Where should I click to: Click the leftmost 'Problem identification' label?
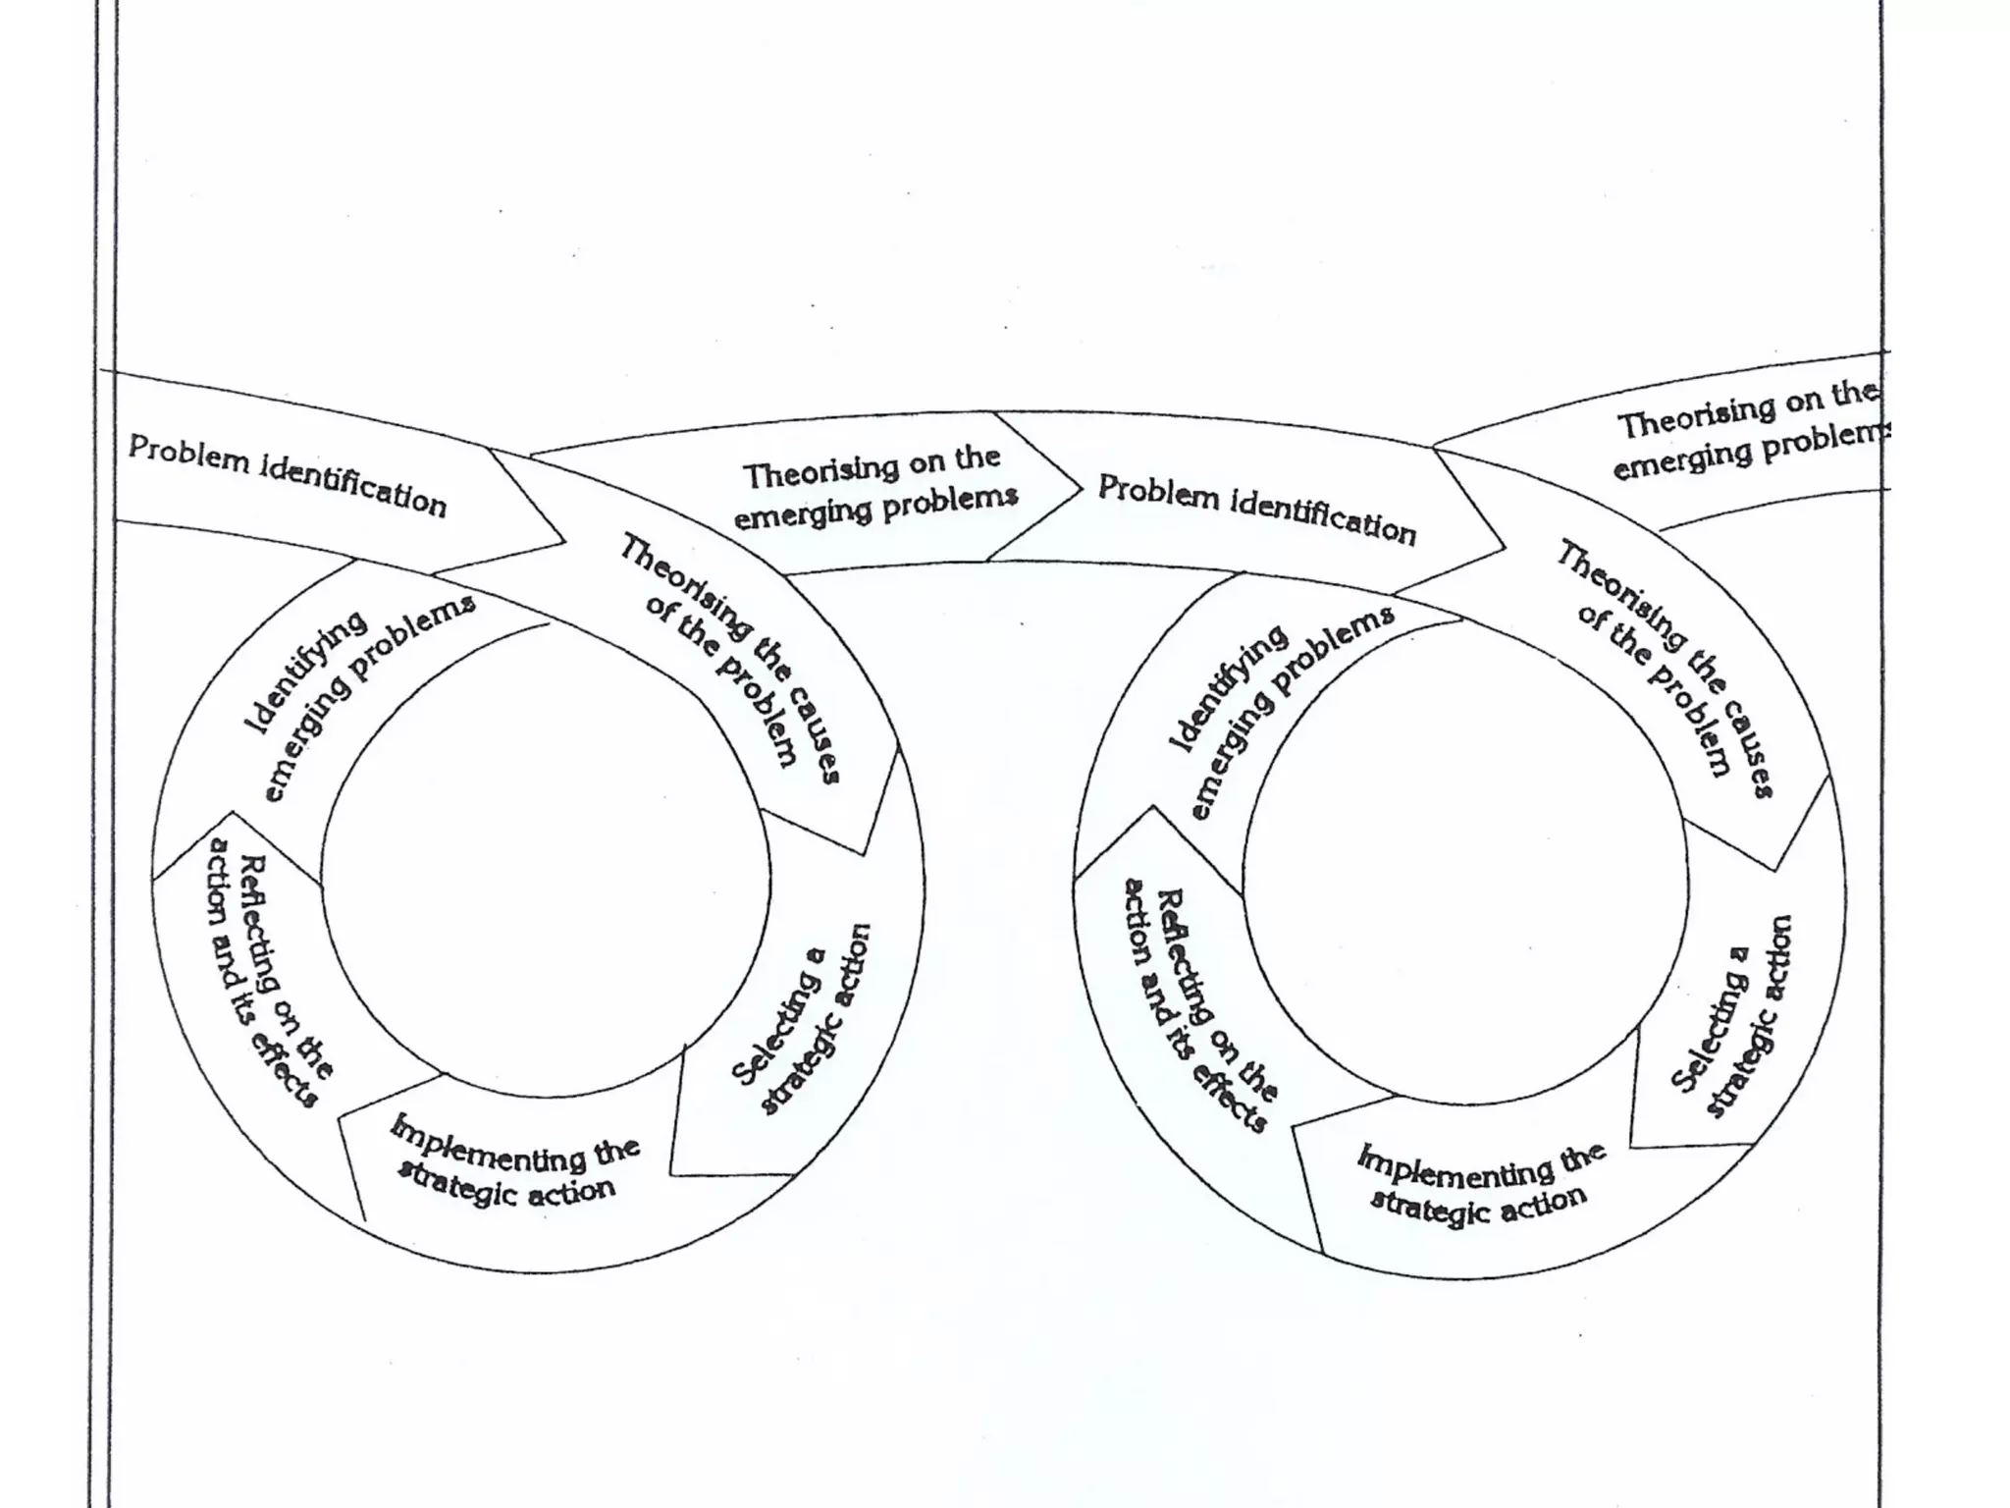[287, 475]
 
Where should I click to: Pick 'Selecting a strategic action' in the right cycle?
[1732, 1017]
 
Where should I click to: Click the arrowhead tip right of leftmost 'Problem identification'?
[563, 541]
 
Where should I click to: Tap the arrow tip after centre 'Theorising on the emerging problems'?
[1080, 487]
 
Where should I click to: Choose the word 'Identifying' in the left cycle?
[305, 673]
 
